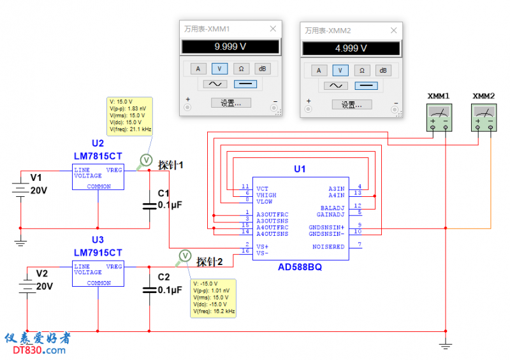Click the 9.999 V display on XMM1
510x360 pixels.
click(230, 47)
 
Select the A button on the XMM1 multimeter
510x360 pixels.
click(198, 69)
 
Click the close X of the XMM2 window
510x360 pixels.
click(395, 30)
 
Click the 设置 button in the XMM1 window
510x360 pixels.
click(230, 103)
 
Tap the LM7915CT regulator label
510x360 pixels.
click(98, 252)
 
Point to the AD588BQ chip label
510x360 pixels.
click(300, 267)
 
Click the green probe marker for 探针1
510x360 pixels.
click(146, 159)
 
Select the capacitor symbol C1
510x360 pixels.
click(149, 205)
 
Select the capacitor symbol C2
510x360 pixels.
click(149, 289)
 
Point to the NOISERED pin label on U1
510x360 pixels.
click(328, 247)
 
